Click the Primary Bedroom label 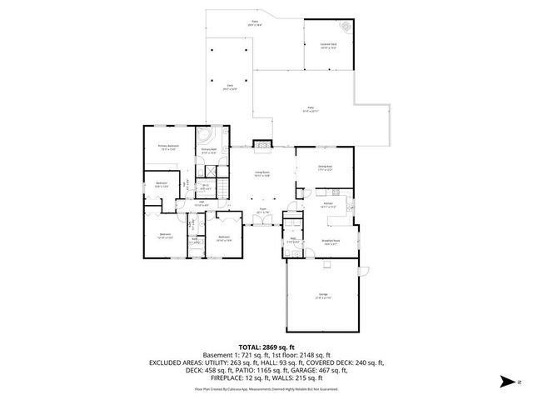pyautogui.click(x=169, y=147)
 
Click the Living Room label pyautogui.click(x=262, y=174)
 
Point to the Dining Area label pyautogui.click(x=325, y=167)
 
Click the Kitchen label pyautogui.click(x=328, y=205)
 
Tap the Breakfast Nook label pyautogui.click(x=330, y=242)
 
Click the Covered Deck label pyautogui.click(x=328, y=47)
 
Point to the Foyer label pyautogui.click(x=262, y=212)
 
